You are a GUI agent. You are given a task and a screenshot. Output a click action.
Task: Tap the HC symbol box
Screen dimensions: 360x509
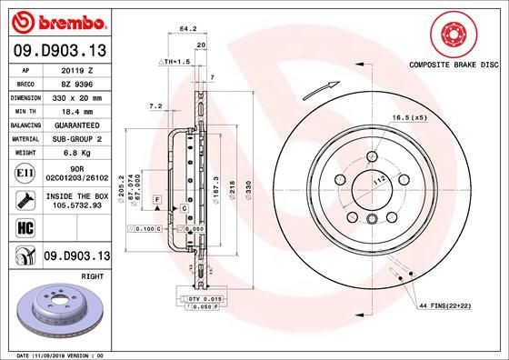tap(25, 227)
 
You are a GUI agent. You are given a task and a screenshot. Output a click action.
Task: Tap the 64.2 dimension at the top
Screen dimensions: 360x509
tap(188, 29)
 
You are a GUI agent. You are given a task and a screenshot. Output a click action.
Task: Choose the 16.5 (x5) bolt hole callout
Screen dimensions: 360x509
tap(410, 118)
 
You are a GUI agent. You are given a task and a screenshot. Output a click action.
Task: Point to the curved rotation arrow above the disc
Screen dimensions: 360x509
tap(311, 91)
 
